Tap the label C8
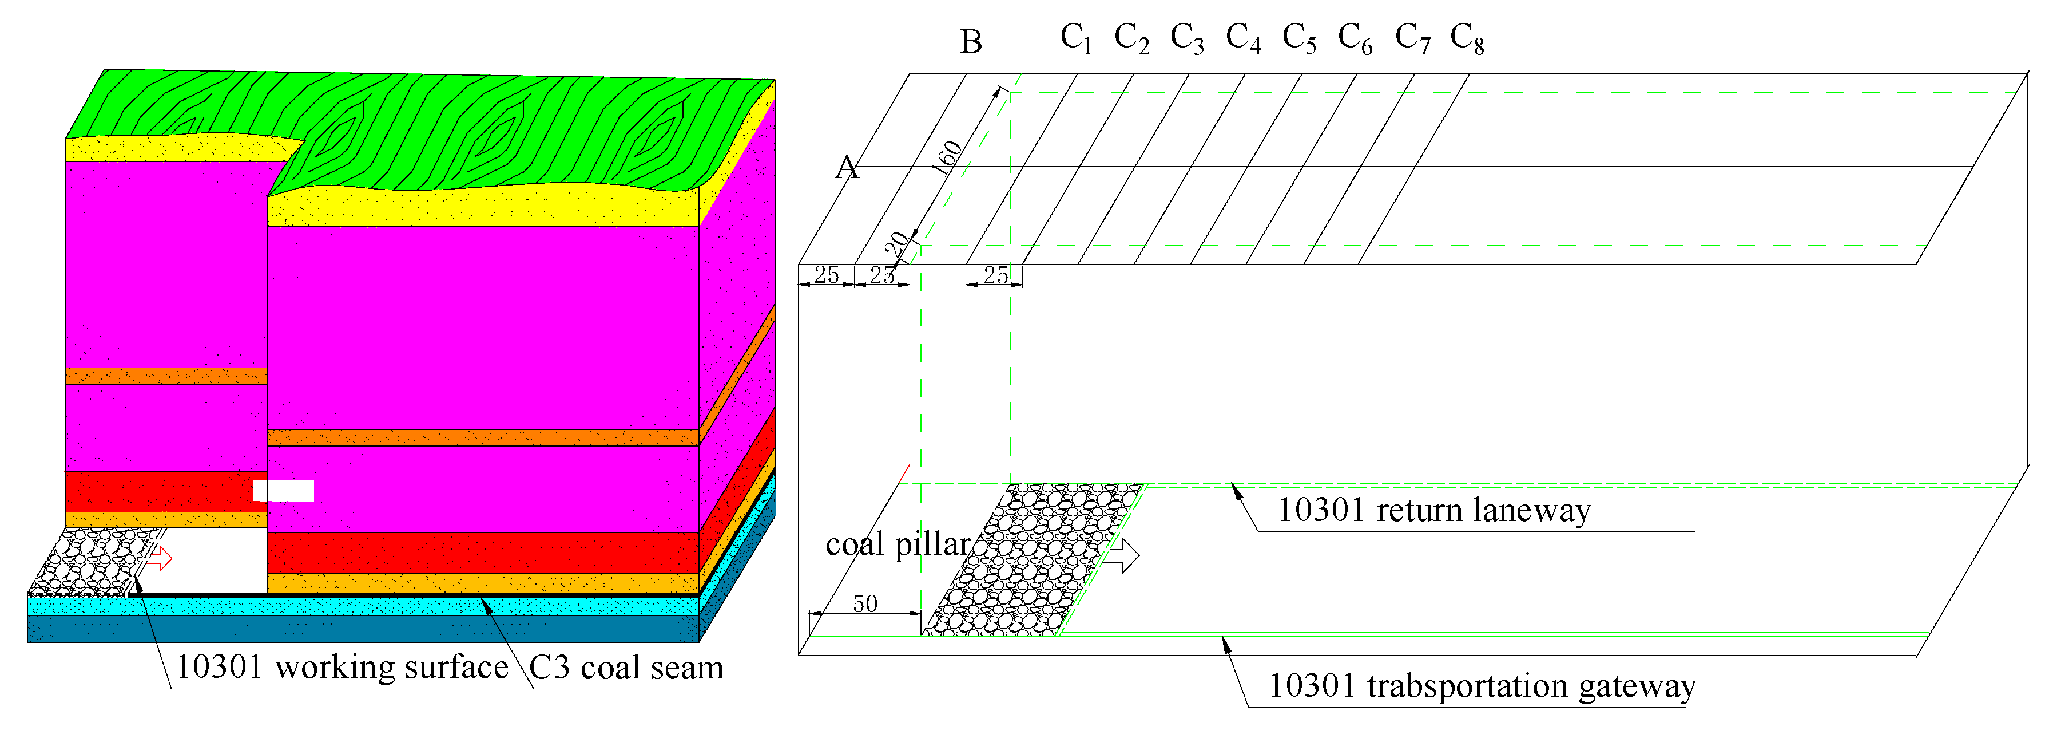click(1467, 38)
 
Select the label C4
click(1244, 38)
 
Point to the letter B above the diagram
click(971, 42)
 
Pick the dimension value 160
click(947, 157)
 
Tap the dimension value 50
click(865, 603)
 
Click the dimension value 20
click(896, 243)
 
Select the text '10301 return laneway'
click(1433, 511)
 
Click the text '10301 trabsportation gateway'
click(1482, 686)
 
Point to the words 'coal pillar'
click(898, 545)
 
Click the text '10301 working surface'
click(341, 667)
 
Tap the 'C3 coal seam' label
click(626, 668)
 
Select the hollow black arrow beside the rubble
click(1123, 555)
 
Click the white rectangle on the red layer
click(283, 491)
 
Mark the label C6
click(1355, 38)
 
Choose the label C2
click(1131, 38)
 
